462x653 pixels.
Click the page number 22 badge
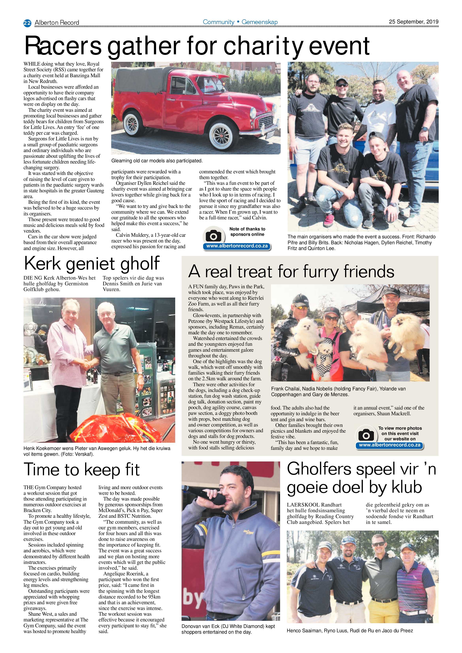(x=27, y=23)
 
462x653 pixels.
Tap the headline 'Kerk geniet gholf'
(x=92, y=263)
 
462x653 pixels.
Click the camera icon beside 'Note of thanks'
(x=213, y=236)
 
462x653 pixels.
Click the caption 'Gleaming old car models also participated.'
(x=157, y=161)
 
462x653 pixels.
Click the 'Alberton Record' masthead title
(x=57, y=23)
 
